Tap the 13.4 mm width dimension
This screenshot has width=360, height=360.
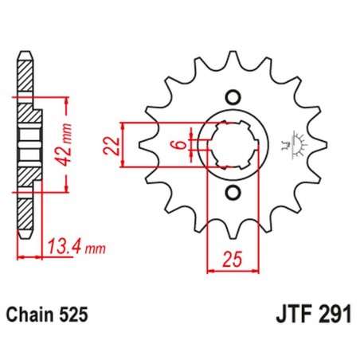coord(76,248)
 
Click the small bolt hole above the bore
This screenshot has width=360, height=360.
coord(233,97)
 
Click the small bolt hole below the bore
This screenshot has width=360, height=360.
coord(233,193)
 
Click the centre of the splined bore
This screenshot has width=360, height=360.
coord(233,145)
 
